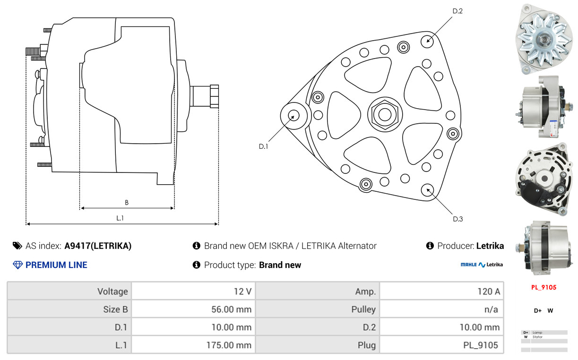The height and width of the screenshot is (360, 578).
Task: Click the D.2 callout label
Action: [x=457, y=11]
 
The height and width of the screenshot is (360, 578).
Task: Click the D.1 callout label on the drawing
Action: [x=263, y=146]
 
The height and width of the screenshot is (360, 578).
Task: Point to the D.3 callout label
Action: [x=457, y=219]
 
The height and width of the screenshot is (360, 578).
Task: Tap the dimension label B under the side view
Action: [x=127, y=203]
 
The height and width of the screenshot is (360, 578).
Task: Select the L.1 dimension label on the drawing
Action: [x=120, y=218]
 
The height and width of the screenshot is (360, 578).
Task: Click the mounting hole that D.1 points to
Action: [x=293, y=116]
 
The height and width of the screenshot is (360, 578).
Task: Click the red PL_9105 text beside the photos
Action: [x=543, y=287]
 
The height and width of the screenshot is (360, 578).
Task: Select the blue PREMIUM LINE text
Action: [x=56, y=265]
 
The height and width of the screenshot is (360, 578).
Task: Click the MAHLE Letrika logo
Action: [x=482, y=265]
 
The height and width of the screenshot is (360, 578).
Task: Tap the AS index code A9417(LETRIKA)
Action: [x=98, y=246]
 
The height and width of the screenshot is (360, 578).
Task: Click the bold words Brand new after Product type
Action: [x=280, y=265]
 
